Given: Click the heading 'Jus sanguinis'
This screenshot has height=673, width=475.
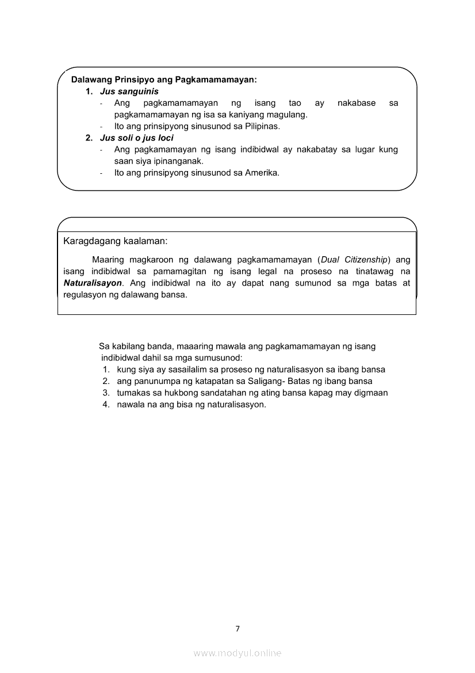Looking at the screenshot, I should (129, 92).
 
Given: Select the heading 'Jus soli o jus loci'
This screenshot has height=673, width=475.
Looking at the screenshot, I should (137, 138).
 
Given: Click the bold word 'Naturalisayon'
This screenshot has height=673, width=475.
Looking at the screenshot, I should (93, 283).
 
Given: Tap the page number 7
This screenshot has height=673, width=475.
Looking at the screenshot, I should (237, 628).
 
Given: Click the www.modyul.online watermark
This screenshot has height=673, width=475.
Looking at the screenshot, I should (237, 653).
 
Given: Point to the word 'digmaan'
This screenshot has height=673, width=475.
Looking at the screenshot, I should (373, 393).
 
